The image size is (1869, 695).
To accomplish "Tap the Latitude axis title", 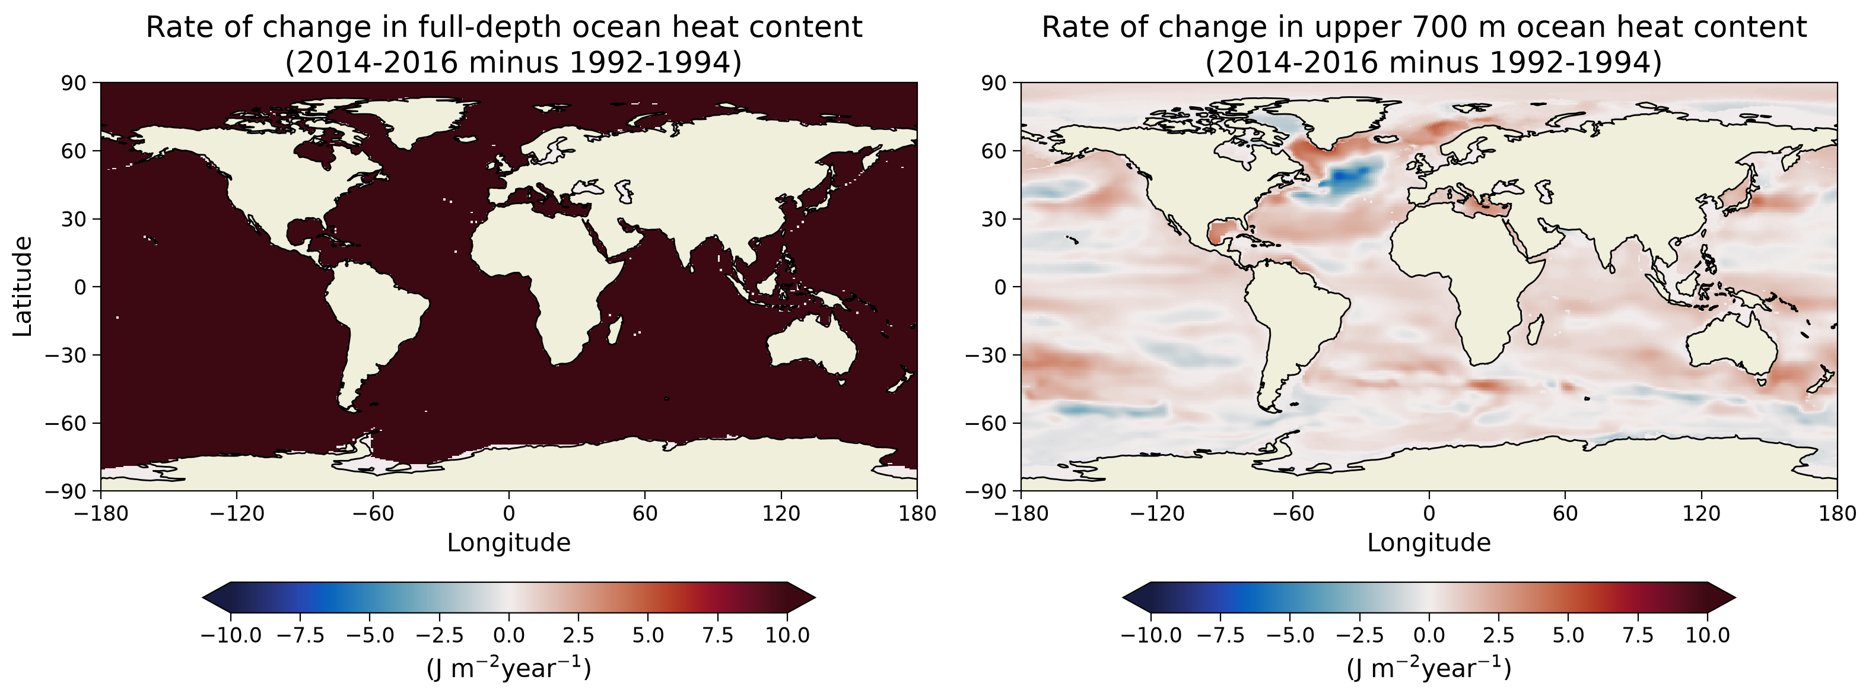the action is [23, 287].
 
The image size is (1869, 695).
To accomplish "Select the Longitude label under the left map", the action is [508, 542].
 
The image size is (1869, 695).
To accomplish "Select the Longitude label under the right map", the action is [1429, 542].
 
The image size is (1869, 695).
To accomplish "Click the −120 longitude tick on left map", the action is [237, 513].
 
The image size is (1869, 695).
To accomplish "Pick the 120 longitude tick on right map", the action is [1702, 513].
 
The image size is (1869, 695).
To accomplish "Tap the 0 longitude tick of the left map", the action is [508, 513].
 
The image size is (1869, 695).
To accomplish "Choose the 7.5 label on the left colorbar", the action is [717, 636].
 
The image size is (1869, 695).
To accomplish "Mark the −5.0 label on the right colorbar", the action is [1290, 636].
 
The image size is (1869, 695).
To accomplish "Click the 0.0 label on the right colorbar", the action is [1429, 636].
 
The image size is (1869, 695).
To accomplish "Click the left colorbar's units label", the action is [508, 668].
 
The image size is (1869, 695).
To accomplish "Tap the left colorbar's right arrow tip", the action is [815, 598].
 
